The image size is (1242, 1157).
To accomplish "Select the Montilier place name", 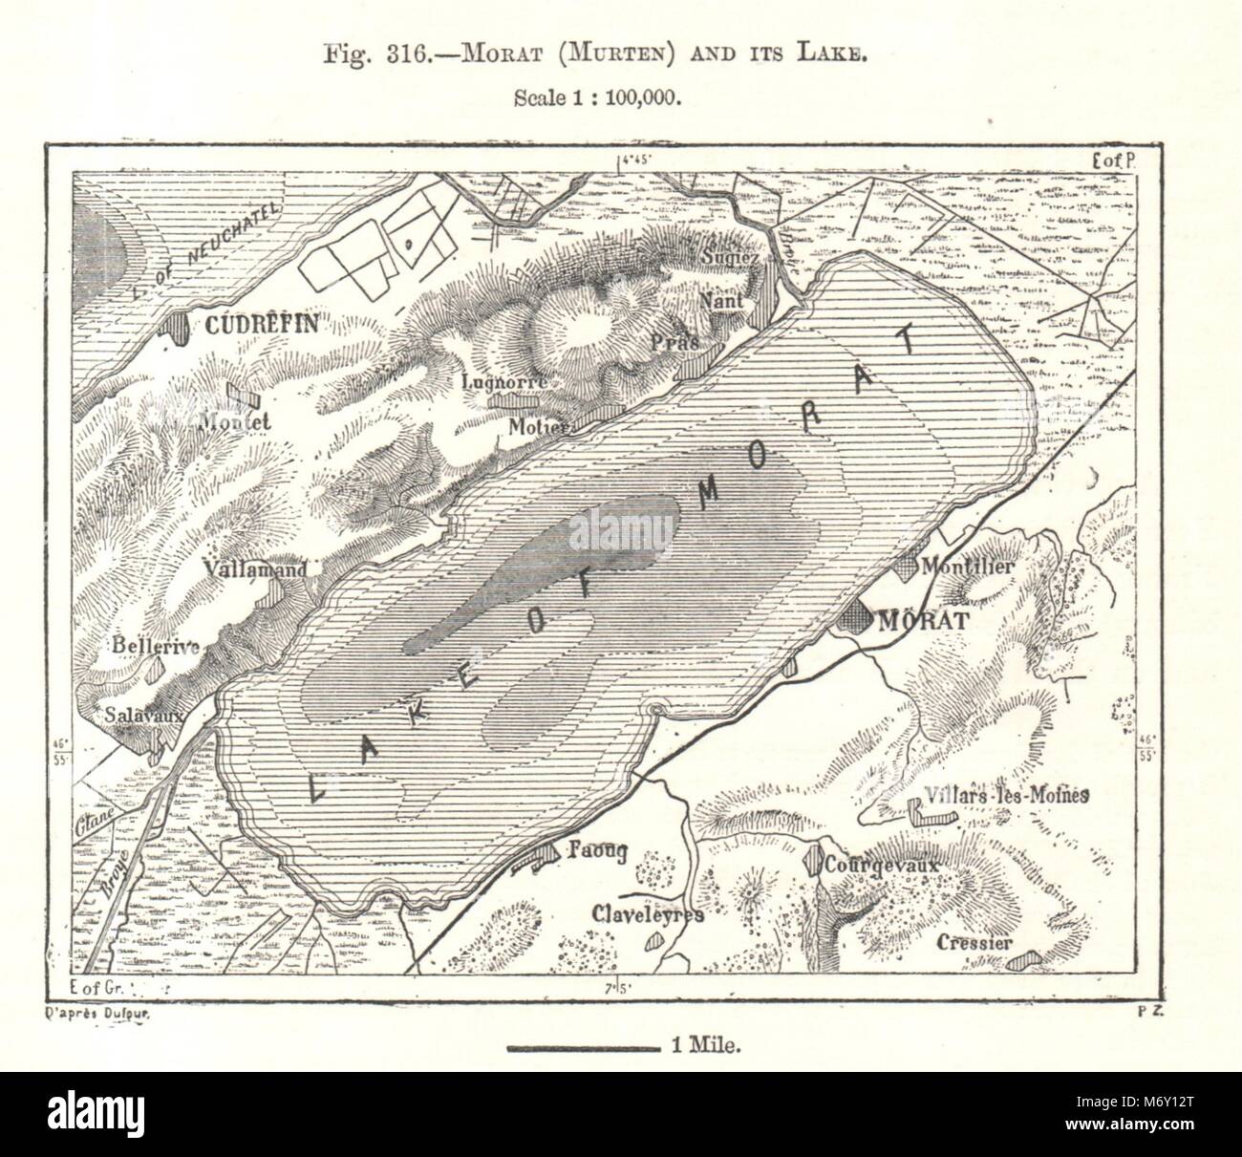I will point(966,567).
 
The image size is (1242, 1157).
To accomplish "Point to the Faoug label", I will point(598,852).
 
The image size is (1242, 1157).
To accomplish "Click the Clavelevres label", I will point(648,914).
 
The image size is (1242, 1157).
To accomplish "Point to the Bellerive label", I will point(156,647).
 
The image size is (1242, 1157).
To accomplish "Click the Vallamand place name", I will point(256,569).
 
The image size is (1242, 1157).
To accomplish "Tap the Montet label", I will point(237,421).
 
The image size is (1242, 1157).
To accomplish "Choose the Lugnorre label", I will point(503,381).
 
